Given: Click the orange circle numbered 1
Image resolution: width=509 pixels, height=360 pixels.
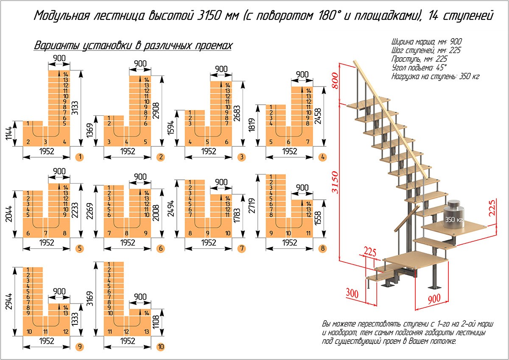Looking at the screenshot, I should [79, 157].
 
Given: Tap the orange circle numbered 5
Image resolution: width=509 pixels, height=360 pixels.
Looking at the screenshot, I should [78, 249].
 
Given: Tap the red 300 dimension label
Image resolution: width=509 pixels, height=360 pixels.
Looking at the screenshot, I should [352, 292].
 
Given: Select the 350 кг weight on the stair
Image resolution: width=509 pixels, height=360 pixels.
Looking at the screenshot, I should [453, 220].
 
